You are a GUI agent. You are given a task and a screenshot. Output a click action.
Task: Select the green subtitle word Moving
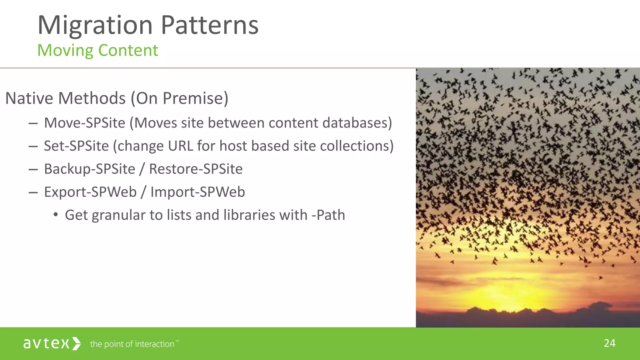pyautogui.click(x=65, y=50)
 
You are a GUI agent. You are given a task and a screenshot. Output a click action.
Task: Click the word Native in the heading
pyautogui.click(x=29, y=98)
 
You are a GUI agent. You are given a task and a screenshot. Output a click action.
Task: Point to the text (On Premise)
pyautogui.click(x=180, y=98)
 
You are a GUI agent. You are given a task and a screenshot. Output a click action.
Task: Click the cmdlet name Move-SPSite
pyautogui.click(x=85, y=123)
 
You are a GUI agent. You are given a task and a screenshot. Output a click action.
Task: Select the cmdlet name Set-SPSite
pyautogui.click(x=76, y=146)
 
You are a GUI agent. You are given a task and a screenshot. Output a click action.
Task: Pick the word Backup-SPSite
pyautogui.click(x=90, y=169)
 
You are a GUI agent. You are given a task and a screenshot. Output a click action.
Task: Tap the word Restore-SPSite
pyautogui.click(x=196, y=169)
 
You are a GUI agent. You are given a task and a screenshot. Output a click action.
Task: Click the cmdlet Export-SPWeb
pyautogui.click(x=90, y=192)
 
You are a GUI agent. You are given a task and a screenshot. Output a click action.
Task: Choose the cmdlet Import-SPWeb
pyautogui.click(x=197, y=192)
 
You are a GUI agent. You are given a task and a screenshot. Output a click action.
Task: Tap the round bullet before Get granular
pyautogui.click(x=56, y=215)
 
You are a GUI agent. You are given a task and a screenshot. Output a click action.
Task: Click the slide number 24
pyautogui.click(x=609, y=343)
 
